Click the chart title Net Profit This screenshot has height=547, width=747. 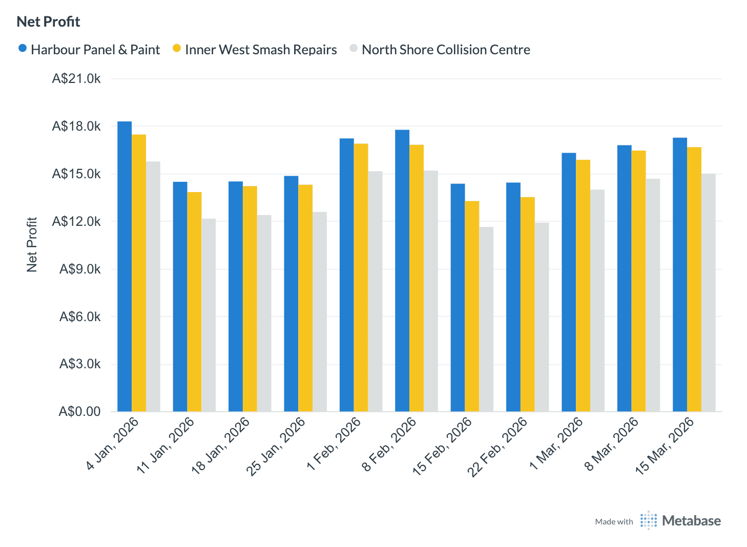pyautogui.click(x=48, y=22)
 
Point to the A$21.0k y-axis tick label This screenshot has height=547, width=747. pyautogui.click(x=76, y=79)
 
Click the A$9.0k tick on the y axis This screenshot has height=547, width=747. pyautogui.click(x=80, y=269)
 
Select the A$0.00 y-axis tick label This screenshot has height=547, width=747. pyautogui.click(x=79, y=412)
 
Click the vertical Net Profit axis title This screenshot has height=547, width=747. pyautogui.click(x=32, y=245)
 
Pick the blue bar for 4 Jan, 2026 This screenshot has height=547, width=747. pyautogui.click(x=125, y=266)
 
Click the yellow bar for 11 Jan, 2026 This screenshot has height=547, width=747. pyautogui.click(x=194, y=302)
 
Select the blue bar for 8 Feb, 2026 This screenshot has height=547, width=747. pyautogui.click(x=402, y=270)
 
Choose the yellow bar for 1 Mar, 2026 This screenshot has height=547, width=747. pyautogui.click(x=583, y=286)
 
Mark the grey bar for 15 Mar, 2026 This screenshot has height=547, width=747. pyautogui.click(x=709, y=292)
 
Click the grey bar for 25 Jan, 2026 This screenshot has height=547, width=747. pyautogui.click(x=320, y=311)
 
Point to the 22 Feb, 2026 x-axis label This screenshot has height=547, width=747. pyautogui.click(x=498, y=447)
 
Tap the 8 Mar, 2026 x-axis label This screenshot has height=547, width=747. pyautogui.click(x=612, y=444)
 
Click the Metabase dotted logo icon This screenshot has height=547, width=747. pyautogui.click(x=648, y=521)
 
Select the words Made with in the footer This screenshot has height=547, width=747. pyautogui.click(x=614, y=522)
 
